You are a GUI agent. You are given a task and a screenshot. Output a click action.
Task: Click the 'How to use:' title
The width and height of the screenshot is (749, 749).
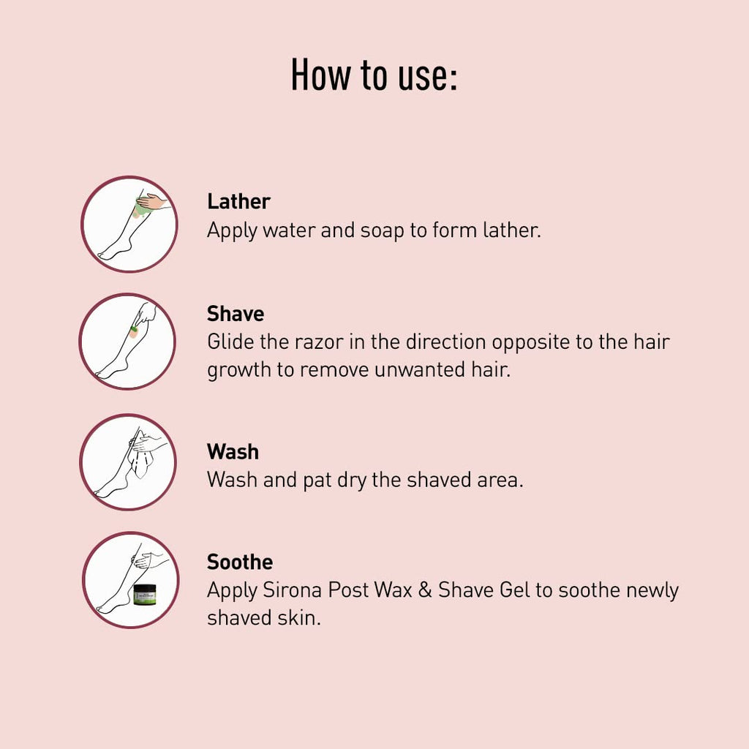[x=374, y=75]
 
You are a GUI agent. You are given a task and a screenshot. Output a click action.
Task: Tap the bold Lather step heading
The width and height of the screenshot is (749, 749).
[x=239, y=202]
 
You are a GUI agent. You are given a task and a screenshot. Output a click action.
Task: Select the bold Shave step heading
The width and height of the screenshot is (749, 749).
[x=236, y=314]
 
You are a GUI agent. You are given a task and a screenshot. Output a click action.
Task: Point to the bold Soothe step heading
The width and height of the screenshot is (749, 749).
[x=240, y=562]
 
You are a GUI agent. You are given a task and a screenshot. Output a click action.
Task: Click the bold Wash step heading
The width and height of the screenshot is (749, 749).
[x=233, y=452]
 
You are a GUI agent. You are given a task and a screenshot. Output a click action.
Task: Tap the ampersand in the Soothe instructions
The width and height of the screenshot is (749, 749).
[x=425, y=590]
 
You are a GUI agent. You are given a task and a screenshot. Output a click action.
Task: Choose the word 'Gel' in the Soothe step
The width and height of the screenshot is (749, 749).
[x=514, y=590]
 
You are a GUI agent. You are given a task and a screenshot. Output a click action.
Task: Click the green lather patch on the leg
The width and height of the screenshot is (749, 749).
[x=142, y=210]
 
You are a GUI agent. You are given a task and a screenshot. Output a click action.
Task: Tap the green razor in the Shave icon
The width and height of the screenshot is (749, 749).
[x=135, y=328]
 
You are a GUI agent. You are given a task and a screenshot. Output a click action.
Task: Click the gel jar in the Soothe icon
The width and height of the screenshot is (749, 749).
[x=145, y=595]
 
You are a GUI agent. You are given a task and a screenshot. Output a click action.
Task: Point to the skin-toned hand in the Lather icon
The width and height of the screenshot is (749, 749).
[x=151, y=202]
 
